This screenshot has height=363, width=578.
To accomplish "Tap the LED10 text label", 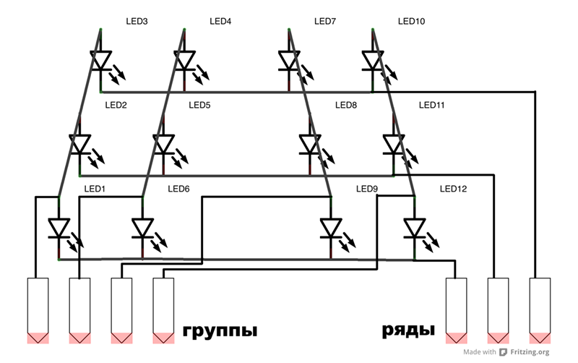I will (411, 22).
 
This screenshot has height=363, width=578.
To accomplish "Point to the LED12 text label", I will (453, 189).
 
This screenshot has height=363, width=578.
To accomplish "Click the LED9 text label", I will (367, 189).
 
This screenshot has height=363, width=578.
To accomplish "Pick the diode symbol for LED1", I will (59, 229).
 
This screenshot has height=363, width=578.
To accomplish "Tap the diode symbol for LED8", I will (311, 144).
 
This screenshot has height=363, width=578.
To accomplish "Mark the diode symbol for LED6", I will (142, 229).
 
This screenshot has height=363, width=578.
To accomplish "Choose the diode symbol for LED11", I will (394, 144).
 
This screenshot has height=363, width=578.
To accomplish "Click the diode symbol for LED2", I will (79, 144).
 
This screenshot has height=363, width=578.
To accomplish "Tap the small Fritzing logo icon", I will (504, 352).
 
